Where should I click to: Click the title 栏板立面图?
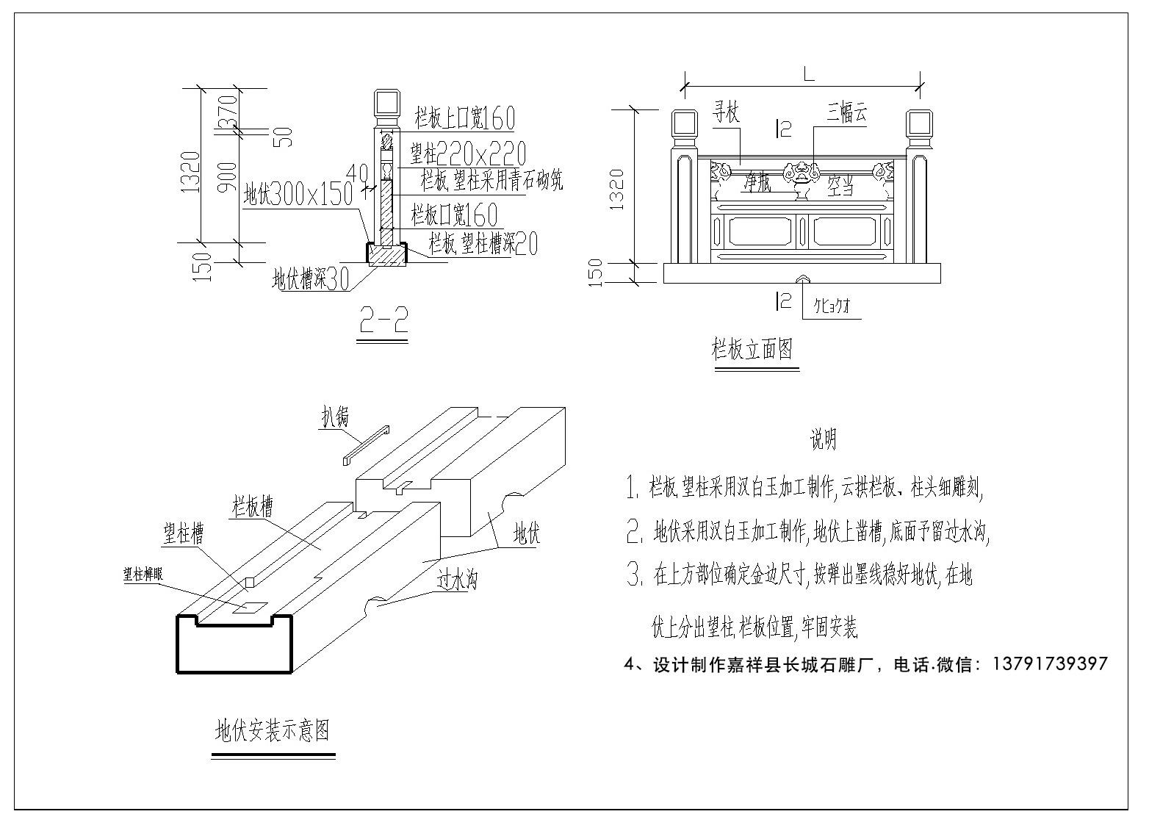coord(752,349)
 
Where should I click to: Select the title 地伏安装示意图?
coord(272,731)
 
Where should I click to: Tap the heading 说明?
coord(823,440)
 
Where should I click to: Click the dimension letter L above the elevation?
coord(808,74)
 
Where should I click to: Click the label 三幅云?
coord(847,113)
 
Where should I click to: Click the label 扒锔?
coord(332,417)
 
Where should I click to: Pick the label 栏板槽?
coord(252,507)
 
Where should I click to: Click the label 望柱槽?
coord(183,535)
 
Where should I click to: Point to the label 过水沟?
coord(457,581)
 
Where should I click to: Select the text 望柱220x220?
coord(467,154)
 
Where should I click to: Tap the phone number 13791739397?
coord(1050,664)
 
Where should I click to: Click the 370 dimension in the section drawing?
coord(228,109)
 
